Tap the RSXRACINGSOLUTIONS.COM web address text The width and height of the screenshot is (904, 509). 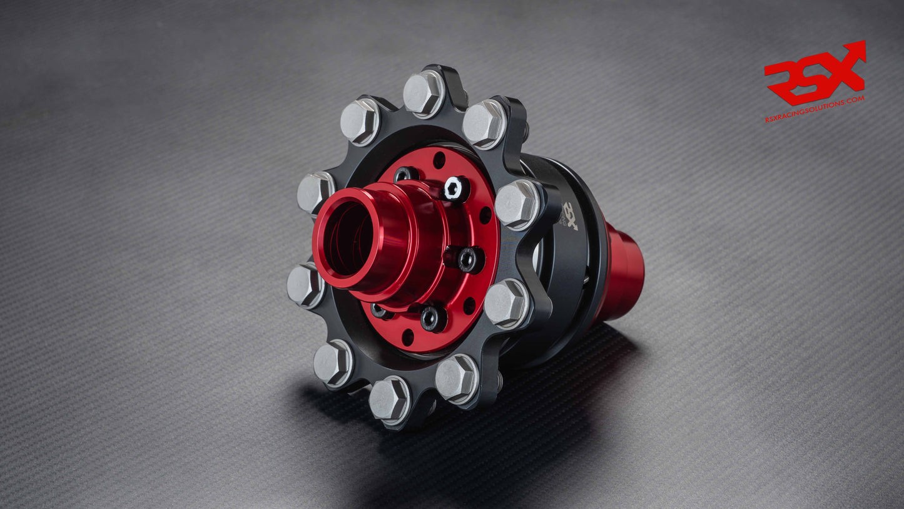[x=815, y=109]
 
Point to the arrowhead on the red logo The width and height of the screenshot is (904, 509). [x=856, y=51]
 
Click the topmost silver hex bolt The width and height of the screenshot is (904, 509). [x=424, y=93]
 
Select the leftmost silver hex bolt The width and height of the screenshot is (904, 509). [x=305, y=285]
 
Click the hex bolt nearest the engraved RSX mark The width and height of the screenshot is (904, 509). [x=517, y=204]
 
